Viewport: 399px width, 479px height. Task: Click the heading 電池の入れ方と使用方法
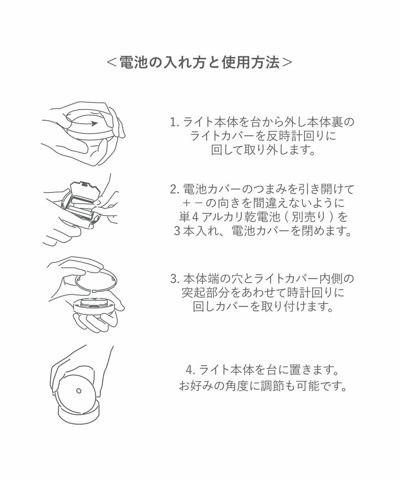click(199, 62)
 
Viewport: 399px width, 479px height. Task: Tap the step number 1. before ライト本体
click(174, 123)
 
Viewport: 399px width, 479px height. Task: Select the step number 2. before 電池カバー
click(174, 189)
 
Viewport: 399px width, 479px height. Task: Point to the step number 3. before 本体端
click(174, 278)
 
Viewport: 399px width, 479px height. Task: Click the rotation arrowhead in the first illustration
click(94, 123)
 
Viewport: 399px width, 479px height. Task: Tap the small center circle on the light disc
click(78, 391)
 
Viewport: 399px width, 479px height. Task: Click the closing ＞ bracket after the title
click(287, 62)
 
